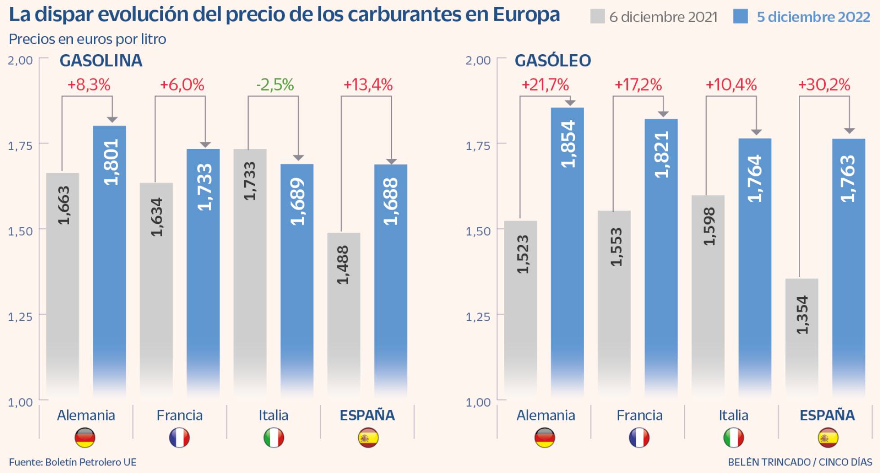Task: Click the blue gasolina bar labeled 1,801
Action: coord(109,260)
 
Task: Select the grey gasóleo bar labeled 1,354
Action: coord(801,336)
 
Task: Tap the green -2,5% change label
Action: coord(275,85)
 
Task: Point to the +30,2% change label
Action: coord(824,85)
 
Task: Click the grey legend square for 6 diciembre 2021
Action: coord(597,17)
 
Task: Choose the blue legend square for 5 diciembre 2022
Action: coord(740,17)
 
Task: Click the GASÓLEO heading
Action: coord(553,61)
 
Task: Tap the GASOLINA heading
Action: coord(101,61)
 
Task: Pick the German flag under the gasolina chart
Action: coord(85,438)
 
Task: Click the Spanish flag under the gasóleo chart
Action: coord(828,438)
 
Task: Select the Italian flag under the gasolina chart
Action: coord(273,438)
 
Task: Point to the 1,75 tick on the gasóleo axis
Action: coord(478,146)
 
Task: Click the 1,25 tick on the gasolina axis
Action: coord(20,317)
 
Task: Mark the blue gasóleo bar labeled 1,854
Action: coord(568,251)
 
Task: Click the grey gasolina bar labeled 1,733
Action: coord(250,269)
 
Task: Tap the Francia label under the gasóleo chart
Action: coord(639,415)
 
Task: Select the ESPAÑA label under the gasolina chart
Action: coord(367,415)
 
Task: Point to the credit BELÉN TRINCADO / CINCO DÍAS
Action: coord(800,462)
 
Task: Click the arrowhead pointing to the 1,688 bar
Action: coord(392,161)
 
